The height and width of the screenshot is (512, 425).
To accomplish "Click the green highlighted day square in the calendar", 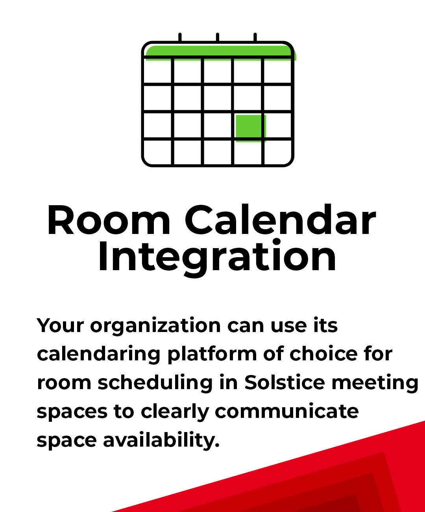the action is pyautogui.click(x=251, y=128).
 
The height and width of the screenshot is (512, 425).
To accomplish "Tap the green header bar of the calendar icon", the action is pyautogui.click(x=221, y=53).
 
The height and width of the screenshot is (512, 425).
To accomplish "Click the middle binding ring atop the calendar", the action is pyautogui.click(x=218, y=37).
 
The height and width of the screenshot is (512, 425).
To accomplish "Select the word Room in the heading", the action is pyautogui.click(x=109, y=220).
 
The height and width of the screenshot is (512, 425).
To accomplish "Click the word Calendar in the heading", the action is pyautogui.click(x=281, y=219).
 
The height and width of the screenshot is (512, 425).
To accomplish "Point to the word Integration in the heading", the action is pyautogui.click(x=217, y=259).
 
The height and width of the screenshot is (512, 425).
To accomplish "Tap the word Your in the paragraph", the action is pyautogui.click(x=60, y=326).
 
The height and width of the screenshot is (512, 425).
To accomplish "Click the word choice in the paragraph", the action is pyautogui.click(x=323, y=354).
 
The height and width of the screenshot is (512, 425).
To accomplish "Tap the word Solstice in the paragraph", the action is pyautogui.click(x=285, y=382).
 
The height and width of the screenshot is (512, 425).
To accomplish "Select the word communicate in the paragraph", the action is pyautogui.click(x=287, y=411).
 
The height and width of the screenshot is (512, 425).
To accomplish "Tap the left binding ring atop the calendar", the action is pyautogui.click(x=180, y=37).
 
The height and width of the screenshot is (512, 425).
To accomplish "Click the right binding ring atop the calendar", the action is pyautogui.click(x=255, y=37).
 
